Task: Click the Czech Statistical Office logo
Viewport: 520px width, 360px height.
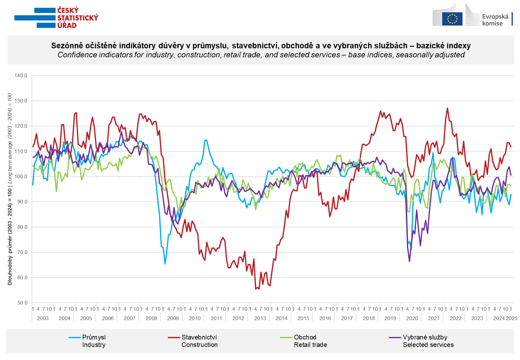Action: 56,17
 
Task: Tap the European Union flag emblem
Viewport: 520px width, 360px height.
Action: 452,18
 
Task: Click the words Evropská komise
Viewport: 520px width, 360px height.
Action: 495,20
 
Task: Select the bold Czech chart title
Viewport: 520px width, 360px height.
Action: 261,46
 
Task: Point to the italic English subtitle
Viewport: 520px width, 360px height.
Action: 261,55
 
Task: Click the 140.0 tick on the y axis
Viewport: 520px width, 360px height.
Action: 21,76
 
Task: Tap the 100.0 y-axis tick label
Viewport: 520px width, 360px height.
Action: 21,177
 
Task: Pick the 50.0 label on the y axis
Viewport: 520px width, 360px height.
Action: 22,303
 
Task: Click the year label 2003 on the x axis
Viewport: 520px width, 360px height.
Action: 43,318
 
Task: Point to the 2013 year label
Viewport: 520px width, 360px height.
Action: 260,318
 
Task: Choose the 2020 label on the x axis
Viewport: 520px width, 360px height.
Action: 412,318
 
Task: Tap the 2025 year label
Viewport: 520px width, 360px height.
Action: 512,318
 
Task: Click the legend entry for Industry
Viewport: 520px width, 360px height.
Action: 93,341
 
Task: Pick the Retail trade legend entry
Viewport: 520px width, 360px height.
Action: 310,341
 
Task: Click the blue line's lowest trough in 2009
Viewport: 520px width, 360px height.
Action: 165,264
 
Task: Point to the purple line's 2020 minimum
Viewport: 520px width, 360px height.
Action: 409,262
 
